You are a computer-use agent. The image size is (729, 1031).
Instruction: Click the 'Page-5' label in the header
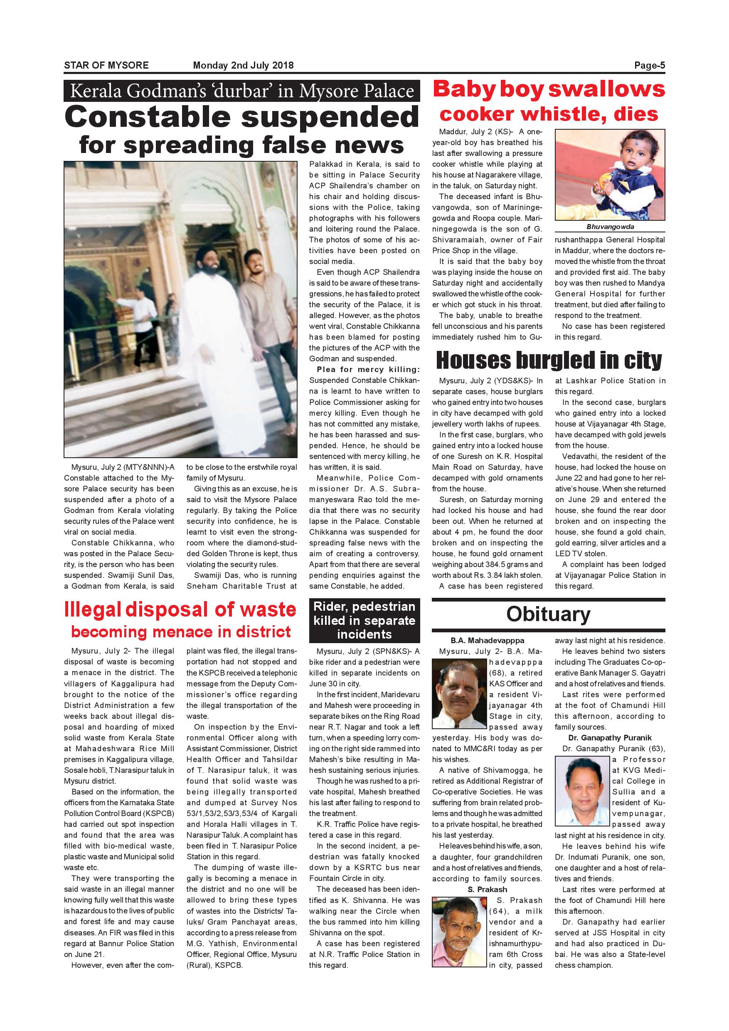pos(649,66)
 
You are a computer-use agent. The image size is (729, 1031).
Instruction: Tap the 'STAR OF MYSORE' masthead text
pos(106,66)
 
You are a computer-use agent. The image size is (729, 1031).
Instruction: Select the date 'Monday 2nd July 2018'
pos(243,66)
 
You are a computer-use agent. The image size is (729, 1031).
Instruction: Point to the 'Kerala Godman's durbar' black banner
pos(241,91)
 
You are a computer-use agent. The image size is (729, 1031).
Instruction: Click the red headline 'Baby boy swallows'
pos(548,89)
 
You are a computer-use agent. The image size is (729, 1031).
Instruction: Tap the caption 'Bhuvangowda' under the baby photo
pos(610,227)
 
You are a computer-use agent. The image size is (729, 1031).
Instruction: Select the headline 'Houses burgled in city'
pos(549,360)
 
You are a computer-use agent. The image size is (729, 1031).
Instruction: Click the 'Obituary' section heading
pos(548,614)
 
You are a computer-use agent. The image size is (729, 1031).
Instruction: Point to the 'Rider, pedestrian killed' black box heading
pos(364,620)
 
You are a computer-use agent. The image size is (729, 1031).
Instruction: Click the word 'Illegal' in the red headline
pos(92,610)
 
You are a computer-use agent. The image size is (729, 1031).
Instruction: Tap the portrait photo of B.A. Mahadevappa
pos(459,693)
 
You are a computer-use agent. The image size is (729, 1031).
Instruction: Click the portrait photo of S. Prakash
pos(459,932)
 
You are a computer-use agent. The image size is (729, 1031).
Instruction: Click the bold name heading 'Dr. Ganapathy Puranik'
pos(610,738)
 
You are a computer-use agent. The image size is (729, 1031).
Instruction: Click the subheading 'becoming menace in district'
pos(181,632)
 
